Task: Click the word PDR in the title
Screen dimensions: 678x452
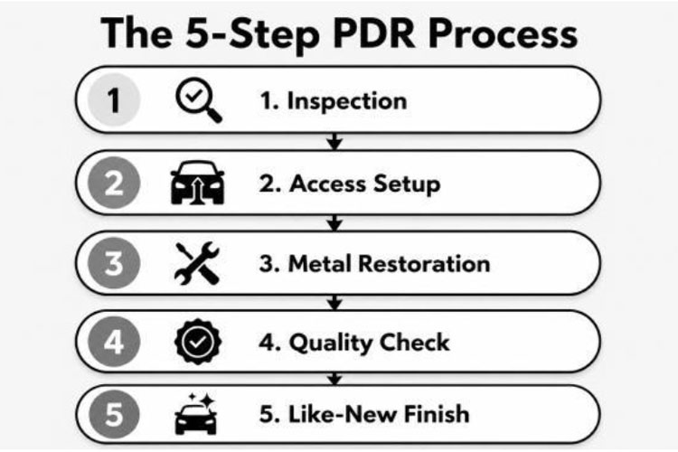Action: (374, 33)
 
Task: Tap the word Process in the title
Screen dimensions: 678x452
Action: (503, 33)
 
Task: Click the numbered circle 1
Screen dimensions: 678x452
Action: (114, 100)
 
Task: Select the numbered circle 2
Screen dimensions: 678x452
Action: (114, 183)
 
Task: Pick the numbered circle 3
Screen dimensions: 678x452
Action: (114, 263)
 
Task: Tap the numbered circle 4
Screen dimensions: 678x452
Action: (114, 342)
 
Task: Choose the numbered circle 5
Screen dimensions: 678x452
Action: (114, 414)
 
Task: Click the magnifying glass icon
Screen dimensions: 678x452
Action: (199, 99)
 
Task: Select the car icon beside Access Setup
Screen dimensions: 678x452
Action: (198, 183)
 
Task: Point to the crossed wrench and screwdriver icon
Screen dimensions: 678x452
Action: (197, 263)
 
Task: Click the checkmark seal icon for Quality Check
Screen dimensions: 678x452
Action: (198, 342)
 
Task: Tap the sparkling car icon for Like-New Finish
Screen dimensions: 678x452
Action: (196, 413)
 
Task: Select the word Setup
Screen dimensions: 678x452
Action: (407, 184)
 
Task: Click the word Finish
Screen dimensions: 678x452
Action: (437, 413)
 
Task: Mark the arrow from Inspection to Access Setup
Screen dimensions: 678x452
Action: (334, 141)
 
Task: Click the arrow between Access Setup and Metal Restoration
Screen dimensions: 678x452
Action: (334, 223)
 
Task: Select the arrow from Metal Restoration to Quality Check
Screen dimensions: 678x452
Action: (334, 303)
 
